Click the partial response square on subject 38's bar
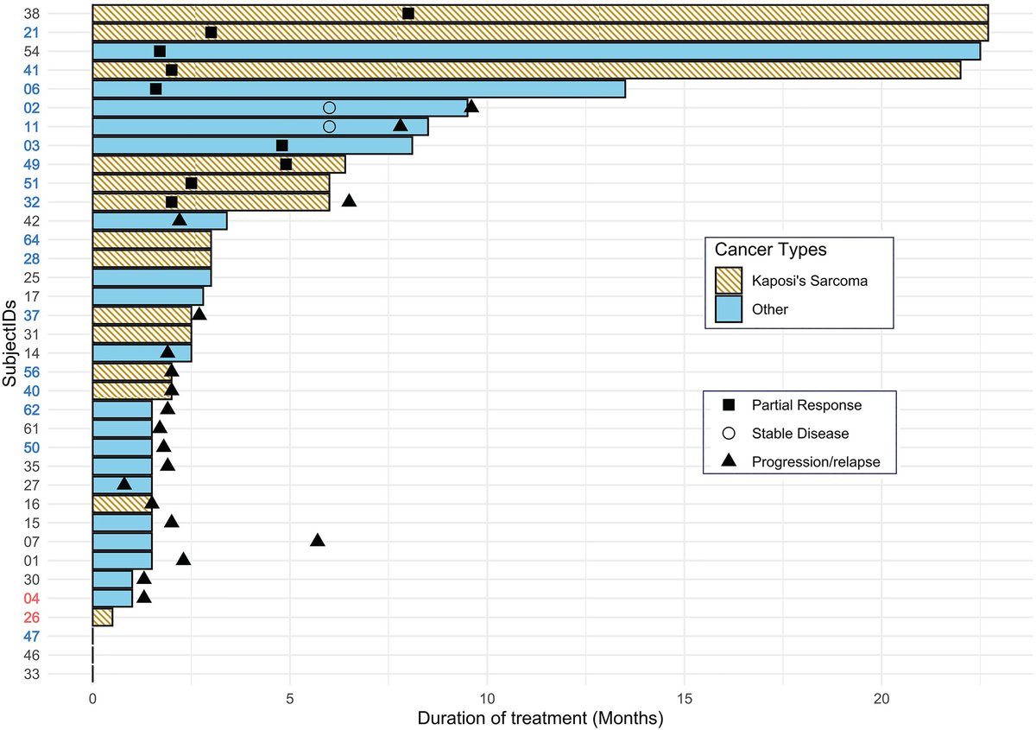(408, 13)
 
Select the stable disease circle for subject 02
(329, 108)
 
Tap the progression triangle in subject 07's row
(318, 540)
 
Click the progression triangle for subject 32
(349, 200)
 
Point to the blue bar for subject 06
(358, 89)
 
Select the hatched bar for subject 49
(218, 164)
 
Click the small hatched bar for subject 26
(102, 617)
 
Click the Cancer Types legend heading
(771, 250)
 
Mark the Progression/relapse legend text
(816, 462)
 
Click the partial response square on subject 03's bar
(281, 145)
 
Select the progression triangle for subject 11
(401, 125)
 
